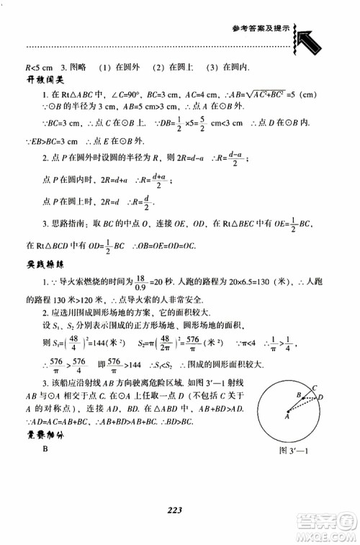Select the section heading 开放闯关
pyautogui.click(x=46, y=79)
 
